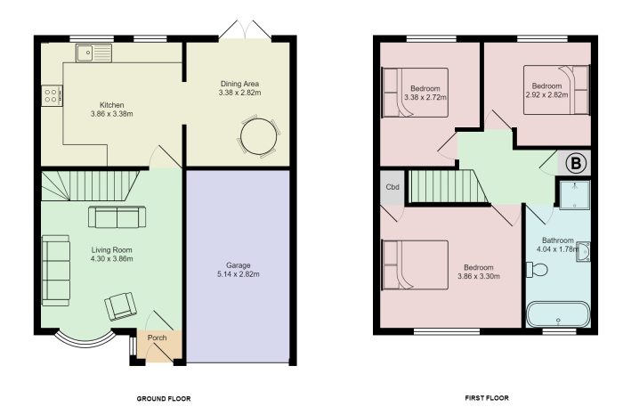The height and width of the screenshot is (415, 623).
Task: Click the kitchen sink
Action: click(93, 54)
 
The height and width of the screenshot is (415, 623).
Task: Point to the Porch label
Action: click(157, 338)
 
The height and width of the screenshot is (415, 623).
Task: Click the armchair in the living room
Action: click(121, 306)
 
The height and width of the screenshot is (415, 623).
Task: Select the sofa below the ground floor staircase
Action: click(117, 216)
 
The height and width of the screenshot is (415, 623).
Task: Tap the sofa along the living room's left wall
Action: click(56, 270)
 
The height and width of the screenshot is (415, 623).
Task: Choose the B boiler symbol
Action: click(575, 163)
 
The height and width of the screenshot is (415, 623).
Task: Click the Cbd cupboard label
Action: click(392, 188)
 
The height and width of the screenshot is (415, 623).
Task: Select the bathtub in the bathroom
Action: click(558, 315)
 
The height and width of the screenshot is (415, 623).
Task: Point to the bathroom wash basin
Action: click(583, 252)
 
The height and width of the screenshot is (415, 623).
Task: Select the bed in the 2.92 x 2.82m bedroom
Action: click(570, 89)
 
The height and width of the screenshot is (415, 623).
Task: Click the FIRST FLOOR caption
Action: click(487, 398)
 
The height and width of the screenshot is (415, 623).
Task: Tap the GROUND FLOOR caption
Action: click(163, 398)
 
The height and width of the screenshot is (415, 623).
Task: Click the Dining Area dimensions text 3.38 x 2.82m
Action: click(239, 93)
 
